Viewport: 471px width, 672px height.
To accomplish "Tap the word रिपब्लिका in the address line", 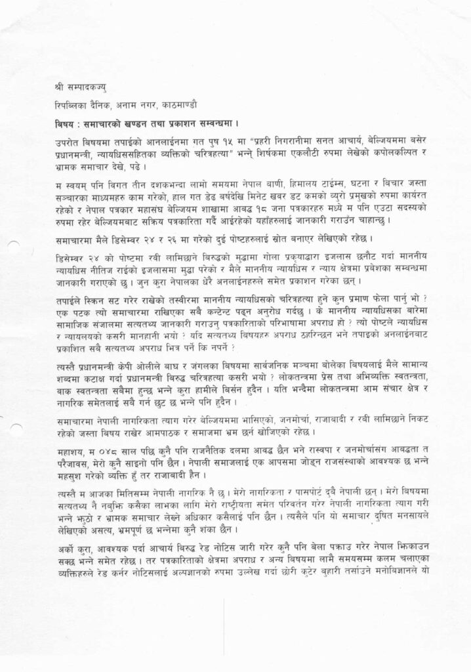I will (72, 105).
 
